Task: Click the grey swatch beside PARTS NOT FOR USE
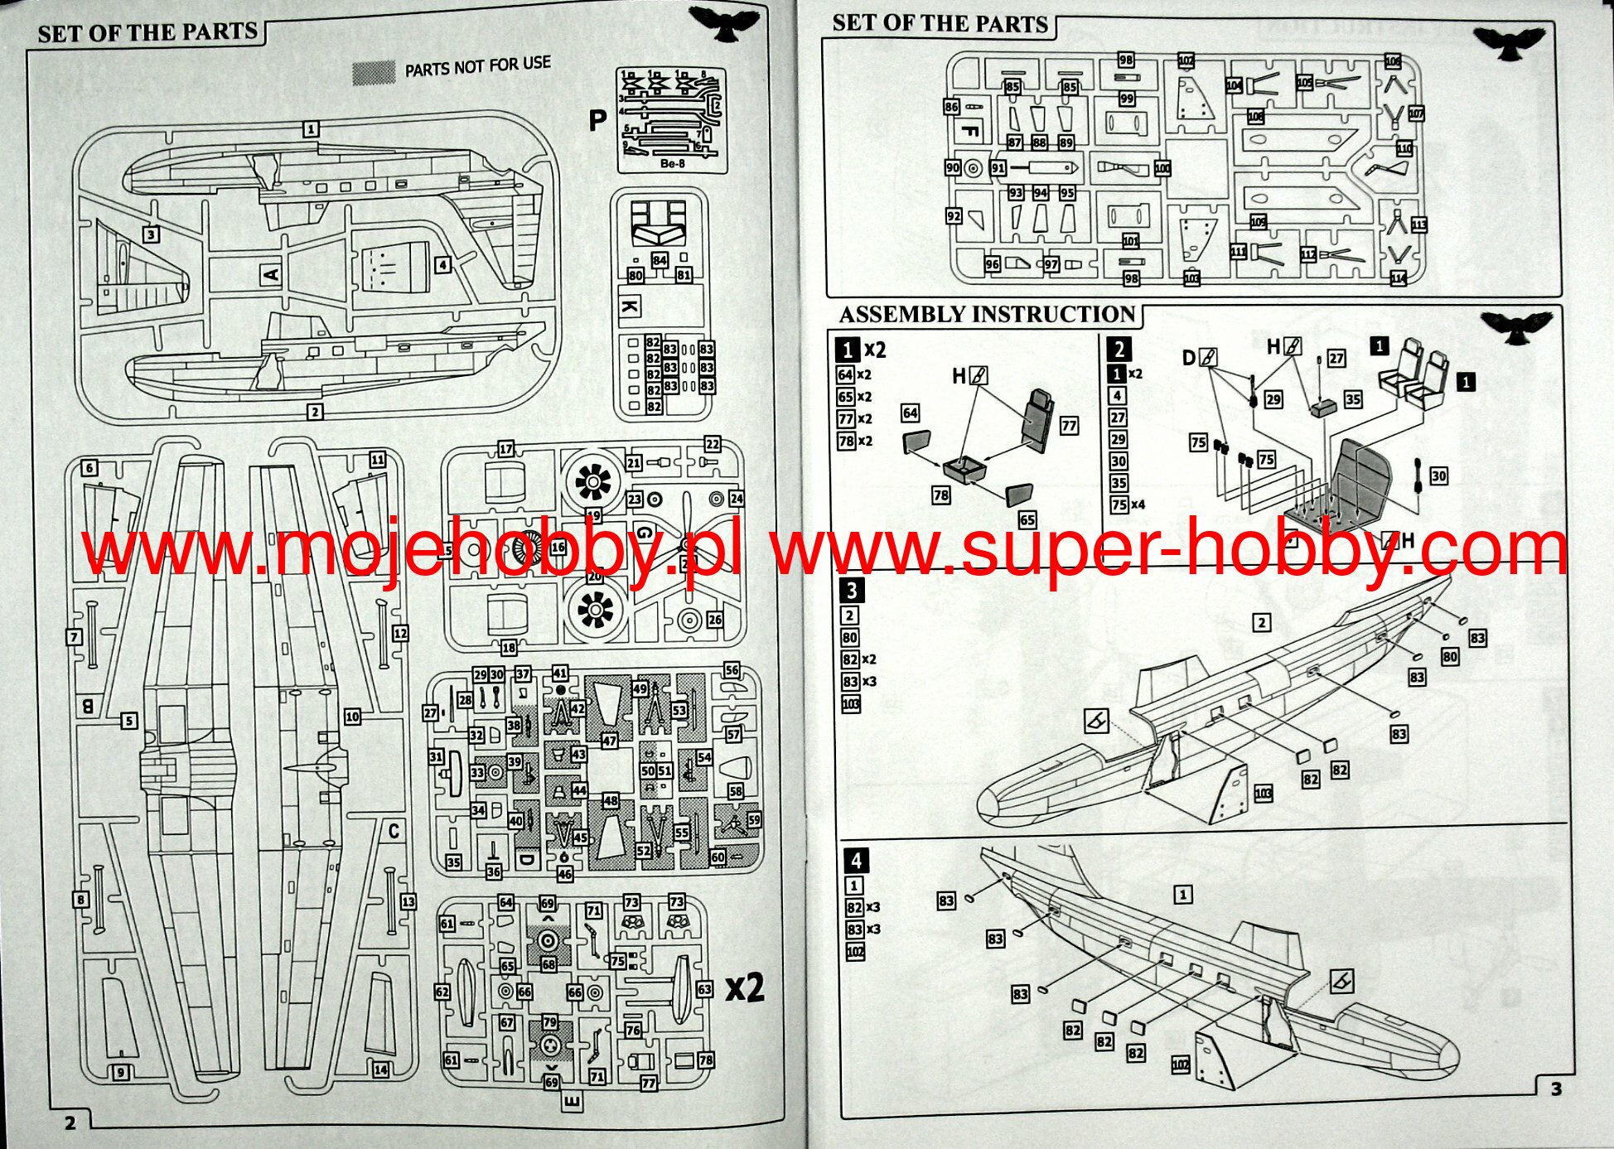pos(374,73)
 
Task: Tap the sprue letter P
pos(597,121)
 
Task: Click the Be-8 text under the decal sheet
pos(672,164)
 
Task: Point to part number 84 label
pos(660,260)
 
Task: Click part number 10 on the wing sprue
pos(352,717)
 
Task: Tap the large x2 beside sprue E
pos(744,987)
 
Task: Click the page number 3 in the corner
pos(1556,1089)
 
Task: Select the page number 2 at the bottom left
pos(70,1122)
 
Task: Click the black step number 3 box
pos(851,591)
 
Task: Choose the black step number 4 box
pos(856,861)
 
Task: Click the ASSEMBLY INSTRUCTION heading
pos(986,315)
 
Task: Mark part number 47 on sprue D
pos(609,741)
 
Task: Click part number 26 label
pos(714,620)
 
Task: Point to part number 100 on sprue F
pos(1162,168)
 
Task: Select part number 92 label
pos(954,216)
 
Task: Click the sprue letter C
pos(394,830)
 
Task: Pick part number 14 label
pos(380,1069)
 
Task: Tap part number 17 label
pos(505,449)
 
